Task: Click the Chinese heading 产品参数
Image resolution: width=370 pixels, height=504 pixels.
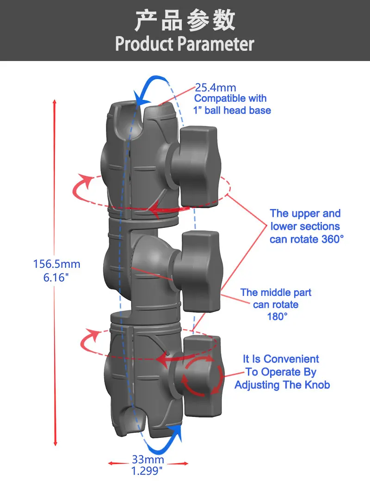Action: click(x=185, y=21)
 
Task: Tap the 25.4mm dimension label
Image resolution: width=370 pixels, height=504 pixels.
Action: click(x=216, y=87)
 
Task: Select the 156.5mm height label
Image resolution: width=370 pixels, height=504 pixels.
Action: click(x=56, y=264)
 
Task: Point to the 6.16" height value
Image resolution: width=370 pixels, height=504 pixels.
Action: click(x=56, y=278)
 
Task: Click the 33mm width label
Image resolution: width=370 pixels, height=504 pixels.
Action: click(x=148, y=460)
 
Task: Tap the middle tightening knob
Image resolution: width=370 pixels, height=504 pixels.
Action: click(x=201, y=270)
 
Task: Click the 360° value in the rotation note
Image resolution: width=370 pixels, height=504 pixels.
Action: click(x=332, y=239)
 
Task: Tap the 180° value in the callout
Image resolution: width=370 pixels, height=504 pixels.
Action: click(x=277, y=317)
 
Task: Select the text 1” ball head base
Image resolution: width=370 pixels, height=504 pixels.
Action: click(x=232, y=111)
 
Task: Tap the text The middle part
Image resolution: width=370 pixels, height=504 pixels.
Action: click(x=276, y=293)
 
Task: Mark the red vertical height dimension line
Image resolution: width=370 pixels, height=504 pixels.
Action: click(x=55, y=273)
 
